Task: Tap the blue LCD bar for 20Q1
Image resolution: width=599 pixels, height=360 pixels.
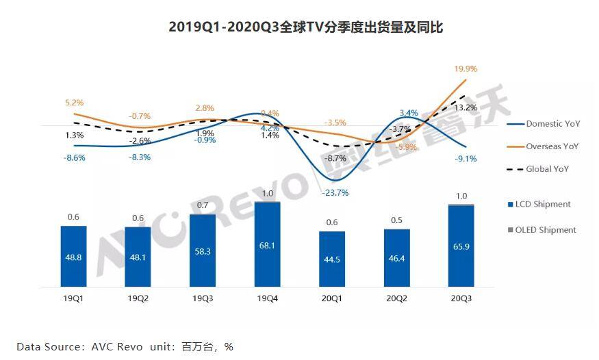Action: pyautogui.click(x=332, y=260)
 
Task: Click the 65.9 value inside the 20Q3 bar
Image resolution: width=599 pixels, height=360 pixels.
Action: pyautogui.click(x=461, y=251)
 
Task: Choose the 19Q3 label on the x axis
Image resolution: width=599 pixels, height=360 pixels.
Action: pyautogui.click(x=203, y=298)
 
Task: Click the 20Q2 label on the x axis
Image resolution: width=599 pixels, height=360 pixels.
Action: pyautogui.click(x=396, y=298)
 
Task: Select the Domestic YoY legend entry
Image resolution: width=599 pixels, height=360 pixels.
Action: pyautogui.click(x=552, y=124)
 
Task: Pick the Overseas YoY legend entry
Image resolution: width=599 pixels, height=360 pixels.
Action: pyautogui.click(x=552, y=146)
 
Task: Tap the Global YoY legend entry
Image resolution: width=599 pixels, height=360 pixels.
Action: pyautogui.click(x=547, y=168)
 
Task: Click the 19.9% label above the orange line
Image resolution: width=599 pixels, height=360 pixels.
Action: pyautogui.click(x=466, y=69)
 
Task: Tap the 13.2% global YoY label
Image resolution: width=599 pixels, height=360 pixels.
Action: pyautogui.click(x=466, y=107)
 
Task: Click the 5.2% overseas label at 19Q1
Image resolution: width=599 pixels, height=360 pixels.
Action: pyautogui.click(x=74, y=103)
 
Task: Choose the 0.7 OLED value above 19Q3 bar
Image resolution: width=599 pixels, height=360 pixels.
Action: pyautogui.click(x=203, y=205)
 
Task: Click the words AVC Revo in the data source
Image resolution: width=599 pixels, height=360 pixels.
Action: pyautogui.click(x=117, y=346)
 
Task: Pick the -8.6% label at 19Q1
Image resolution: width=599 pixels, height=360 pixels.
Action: pyautogui.click(x=74, y=157)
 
